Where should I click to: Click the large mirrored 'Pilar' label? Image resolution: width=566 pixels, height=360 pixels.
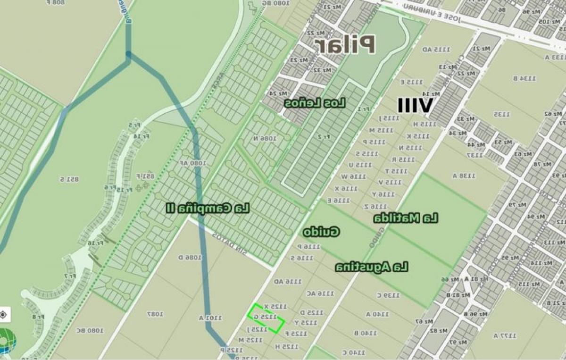pyautogui.click(x=345, y=44)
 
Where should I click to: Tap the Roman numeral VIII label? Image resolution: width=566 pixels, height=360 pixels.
pyautogui.click(x=415, y=106)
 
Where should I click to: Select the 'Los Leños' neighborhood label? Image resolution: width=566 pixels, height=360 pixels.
pyautogui.click(x=315, y=103)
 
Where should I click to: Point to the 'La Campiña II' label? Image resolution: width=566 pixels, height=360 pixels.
pyautogui.click(x=208, y=208)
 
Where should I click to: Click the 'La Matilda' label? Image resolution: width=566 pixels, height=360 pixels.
pyautogui.click(x=406, y=218)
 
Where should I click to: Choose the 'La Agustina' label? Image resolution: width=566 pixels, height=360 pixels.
pyautogui.click(x=372, y=268)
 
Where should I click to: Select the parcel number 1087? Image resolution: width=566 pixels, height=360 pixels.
pyautogui.click(x=155, y=314)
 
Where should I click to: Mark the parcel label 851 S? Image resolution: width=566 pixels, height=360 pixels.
pyautogui.click(x=69, y=179)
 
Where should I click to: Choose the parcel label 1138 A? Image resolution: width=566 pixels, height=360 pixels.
pyautogui.click(x=464, y=176)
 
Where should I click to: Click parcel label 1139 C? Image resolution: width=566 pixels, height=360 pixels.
pyautogui.click(x=388, y=295)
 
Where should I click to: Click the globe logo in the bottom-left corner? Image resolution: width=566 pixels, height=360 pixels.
pyautogui.click(x=7, y=341)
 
